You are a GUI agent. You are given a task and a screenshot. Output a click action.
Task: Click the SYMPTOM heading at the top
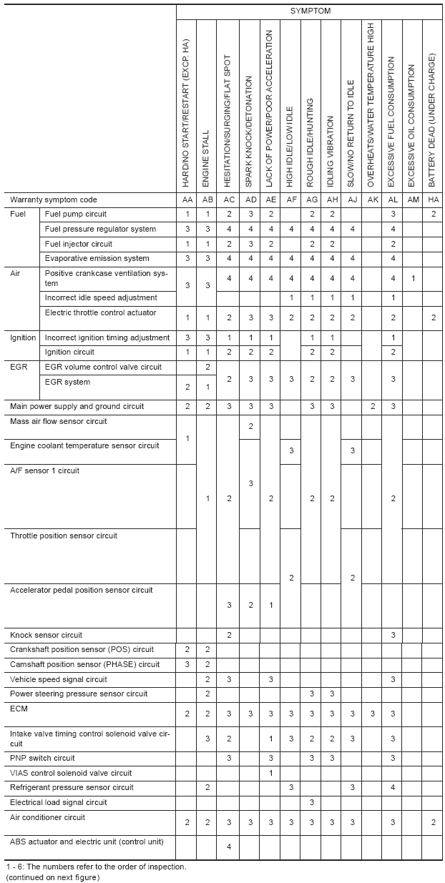pos(310,11)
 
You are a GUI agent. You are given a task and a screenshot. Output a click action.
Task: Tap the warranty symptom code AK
pos(372,199)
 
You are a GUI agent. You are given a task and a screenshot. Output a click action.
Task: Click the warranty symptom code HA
pos(434,199)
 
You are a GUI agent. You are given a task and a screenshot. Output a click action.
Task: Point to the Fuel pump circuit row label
pos(76,214)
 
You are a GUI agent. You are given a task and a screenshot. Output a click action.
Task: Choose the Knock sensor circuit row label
pos(46,635)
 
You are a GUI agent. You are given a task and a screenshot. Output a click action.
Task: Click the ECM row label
pos(19,709)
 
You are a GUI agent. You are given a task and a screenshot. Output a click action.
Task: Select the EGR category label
pos(19,367)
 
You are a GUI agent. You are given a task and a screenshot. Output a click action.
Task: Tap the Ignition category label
pos(23,337)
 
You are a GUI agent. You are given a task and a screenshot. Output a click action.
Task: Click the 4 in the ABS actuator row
pos(228,847)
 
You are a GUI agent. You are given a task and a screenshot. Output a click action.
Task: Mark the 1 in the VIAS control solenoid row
pos(270,773)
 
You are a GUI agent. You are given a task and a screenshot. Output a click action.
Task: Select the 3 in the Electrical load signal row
pos(312,802)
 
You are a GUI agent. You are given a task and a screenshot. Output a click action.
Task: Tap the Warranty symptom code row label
pos(54,199)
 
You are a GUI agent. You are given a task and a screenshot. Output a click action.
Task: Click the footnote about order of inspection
pos(96,867)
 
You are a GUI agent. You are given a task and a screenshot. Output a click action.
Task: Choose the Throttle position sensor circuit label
pos(64,536)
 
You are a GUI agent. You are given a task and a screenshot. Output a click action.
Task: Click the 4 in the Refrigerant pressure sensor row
pos(393,787)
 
